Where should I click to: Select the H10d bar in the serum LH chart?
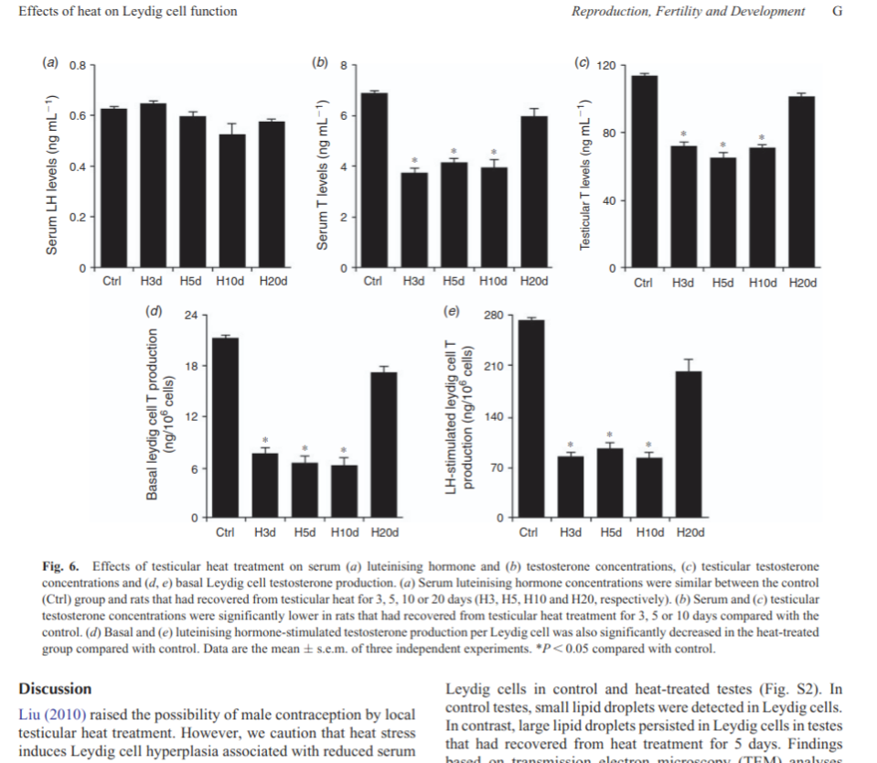point(232,201)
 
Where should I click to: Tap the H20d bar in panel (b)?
point(533,192)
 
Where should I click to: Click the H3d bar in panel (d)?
point(265,486)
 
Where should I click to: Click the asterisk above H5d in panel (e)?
point(610,434)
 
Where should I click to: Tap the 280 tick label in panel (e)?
point(491,316)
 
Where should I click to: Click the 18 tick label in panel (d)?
point(190,366)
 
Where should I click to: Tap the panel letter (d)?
point(153,311)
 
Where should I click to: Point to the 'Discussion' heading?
point(55,689)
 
